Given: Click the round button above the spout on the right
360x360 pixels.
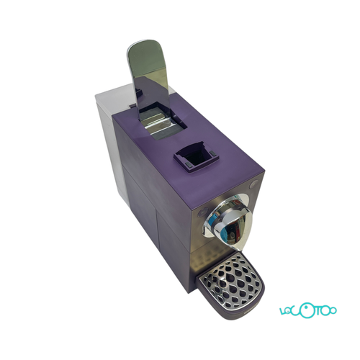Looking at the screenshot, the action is (x=253, y=184).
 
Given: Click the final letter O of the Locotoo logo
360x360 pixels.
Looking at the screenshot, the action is (x=332, y=310).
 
